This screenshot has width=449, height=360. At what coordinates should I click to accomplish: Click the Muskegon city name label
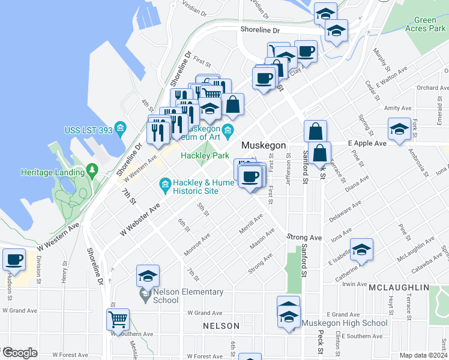pyautogui.click(x=263, y=146)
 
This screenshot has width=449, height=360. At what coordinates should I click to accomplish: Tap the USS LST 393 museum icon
pyautogui.click(x=121, y=128)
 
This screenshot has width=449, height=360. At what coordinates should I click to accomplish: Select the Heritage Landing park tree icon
pyautogui.click(x=91, y=172)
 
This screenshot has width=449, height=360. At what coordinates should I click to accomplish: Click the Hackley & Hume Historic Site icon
pyautogui.click(x=164, y=184)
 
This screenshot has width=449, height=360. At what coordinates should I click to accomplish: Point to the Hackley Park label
pyautogui.click(x=205, y=155)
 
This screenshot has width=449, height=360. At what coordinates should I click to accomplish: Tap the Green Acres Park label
pyautogui.click(x=425, y=24)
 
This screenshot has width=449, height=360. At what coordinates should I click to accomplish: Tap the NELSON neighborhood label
pyautogui.click(x=221, y=326)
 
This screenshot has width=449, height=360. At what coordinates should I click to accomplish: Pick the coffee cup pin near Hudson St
pyautogui.click(x=14, y=259)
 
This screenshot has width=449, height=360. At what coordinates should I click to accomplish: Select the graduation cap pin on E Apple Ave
pyautogui.click(x=399, y=129)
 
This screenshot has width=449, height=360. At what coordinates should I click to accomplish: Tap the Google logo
pyautogui.click(x=19, y=353)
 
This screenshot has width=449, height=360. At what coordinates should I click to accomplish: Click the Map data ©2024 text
pyautogui.click(x=424, y=355)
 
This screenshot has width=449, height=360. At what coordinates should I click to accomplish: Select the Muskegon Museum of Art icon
pyautogui.click(x=228, y=130)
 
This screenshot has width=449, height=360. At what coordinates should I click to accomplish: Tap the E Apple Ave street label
pyautogui.click(x=367, y=144)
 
